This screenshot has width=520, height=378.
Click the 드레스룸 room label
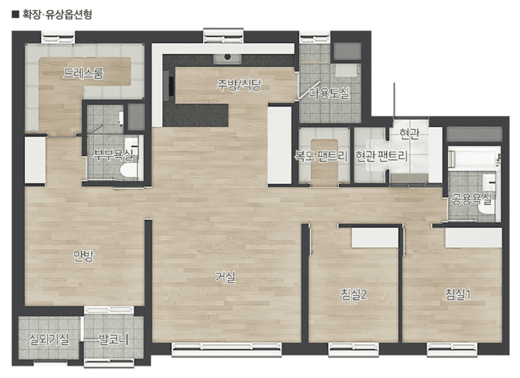(x=83, y=73)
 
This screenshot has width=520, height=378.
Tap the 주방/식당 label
(x=239, y=85)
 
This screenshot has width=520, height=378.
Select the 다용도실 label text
(x=329, y=93)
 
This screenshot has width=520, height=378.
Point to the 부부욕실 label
(x=113, y=154)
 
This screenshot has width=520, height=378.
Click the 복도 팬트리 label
(x=321, y=156)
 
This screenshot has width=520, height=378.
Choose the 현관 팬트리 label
(x=381, y=156)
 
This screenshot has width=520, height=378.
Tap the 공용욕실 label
(x=471, y=199)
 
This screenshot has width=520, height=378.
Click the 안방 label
(x=83, y=255)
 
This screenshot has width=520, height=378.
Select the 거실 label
(x=225, y=277)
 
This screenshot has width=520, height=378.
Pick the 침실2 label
(x=354, y=295)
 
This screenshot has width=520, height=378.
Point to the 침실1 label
(x=458, y=295)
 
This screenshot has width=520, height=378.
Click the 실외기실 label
(x=49, y=339)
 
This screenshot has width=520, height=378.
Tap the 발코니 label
(x=114, y=339)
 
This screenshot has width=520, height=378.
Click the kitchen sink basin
(x=227, y=58)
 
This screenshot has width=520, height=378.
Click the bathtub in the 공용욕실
(x=473, y=159)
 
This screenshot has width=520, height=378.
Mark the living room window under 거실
(x=227, y=349)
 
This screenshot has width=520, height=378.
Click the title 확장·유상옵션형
(x=57, y=15)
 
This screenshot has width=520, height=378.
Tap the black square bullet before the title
(x=16, y=15)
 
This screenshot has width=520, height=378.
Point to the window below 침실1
(x=452, y=349)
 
